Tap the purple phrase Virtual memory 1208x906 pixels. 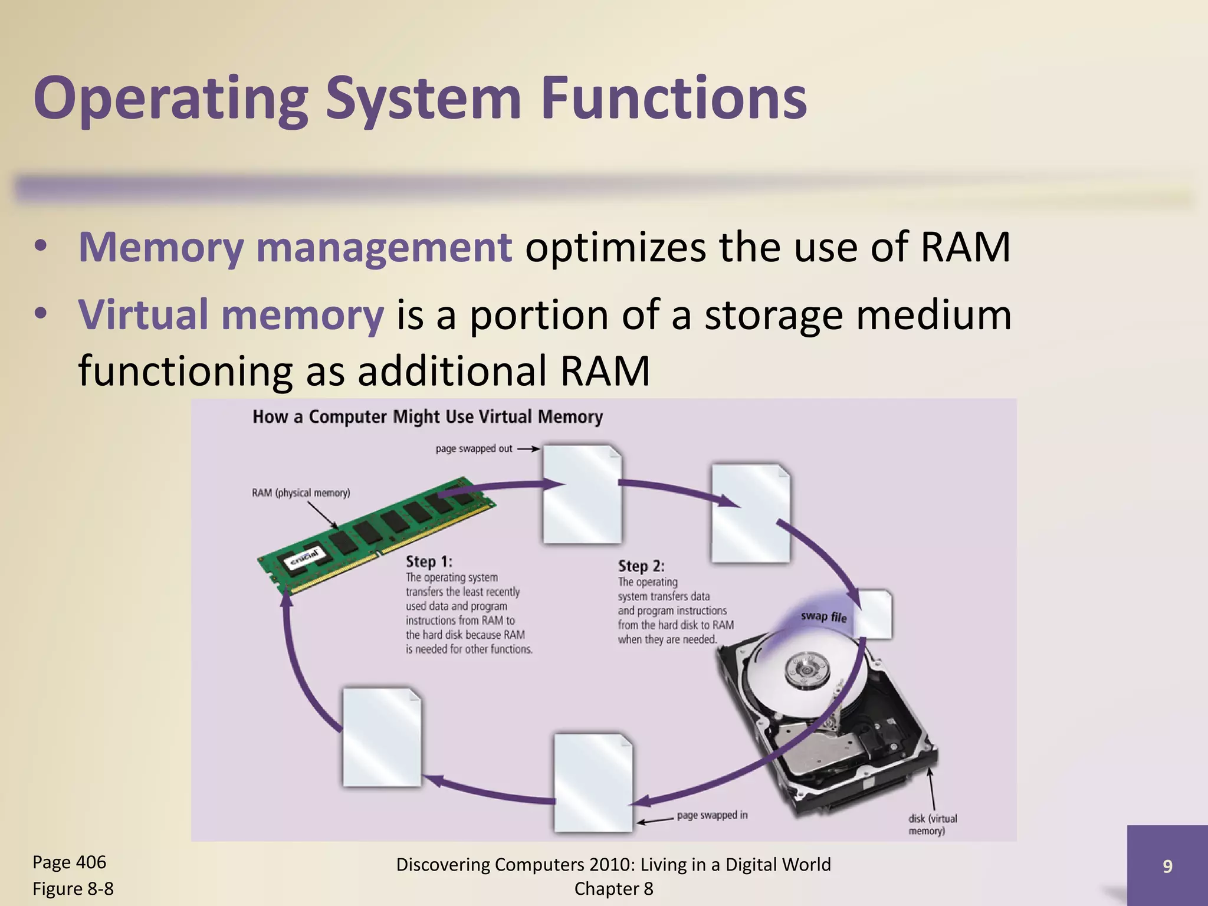[231, 314]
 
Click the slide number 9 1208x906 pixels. [1167, 866]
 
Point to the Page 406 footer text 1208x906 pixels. [69, 862]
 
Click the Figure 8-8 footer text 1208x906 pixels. [73, 889]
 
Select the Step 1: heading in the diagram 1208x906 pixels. [429, 562]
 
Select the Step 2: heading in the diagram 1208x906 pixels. [641, 566]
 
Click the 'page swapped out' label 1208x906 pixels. [474, 449]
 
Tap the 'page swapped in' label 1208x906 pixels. [712, 815]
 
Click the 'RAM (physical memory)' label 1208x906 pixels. [301, 493]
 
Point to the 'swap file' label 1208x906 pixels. [823, 617]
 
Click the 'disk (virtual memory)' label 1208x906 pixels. [932, 825]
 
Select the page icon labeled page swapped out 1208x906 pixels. [582, 494]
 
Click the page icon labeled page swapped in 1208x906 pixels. [593, 782]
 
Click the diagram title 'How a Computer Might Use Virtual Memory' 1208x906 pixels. [428, 417]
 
